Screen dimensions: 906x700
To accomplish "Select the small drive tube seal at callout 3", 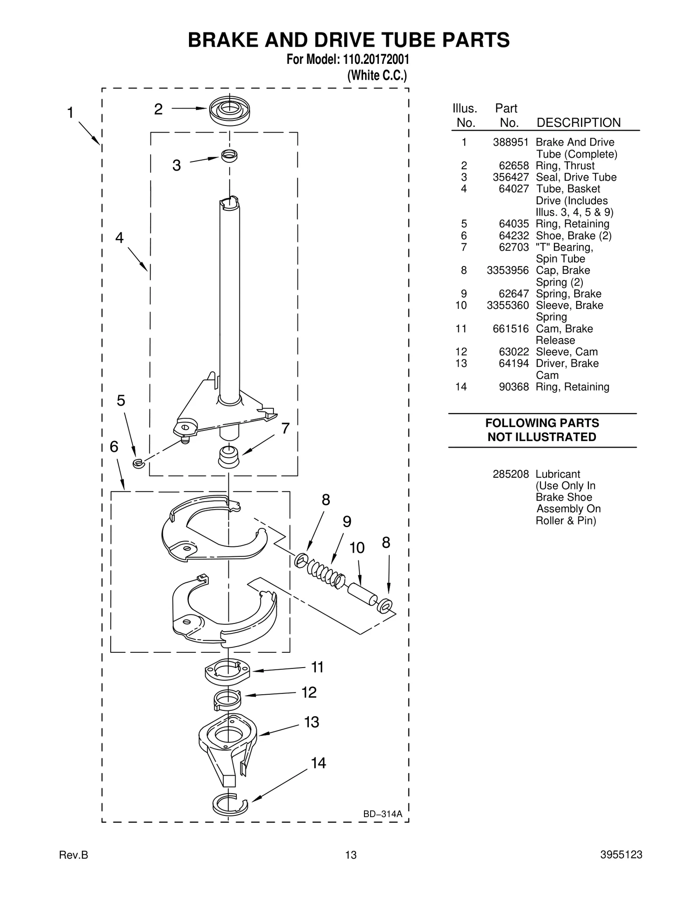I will (x=229, y=155).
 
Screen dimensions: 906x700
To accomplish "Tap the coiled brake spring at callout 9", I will (x=325, y=574).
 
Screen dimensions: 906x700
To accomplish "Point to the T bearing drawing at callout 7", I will (x=229, y=456).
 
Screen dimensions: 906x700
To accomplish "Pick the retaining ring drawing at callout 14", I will (x=229, y=803).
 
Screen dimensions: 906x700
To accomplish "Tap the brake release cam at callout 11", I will (x=227, y=672).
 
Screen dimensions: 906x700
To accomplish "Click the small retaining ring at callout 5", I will (x=138, y=463).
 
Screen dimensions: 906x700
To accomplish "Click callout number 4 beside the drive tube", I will (x=119, y=238).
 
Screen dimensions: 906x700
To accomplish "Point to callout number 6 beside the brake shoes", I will (x=114, y=447).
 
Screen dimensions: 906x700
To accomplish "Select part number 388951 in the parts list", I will (x=511, y=142).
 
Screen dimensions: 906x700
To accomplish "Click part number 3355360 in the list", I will (x=507, y=305).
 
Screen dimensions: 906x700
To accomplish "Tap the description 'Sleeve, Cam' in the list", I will (x=567, y=352).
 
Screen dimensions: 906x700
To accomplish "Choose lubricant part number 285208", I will (x=511, y=474).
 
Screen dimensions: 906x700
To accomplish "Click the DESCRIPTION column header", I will (x=578, y=122).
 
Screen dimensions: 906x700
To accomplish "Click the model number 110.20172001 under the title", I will (x=374, y=59).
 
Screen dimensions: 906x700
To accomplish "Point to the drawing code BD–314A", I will (x=382, y=814).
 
